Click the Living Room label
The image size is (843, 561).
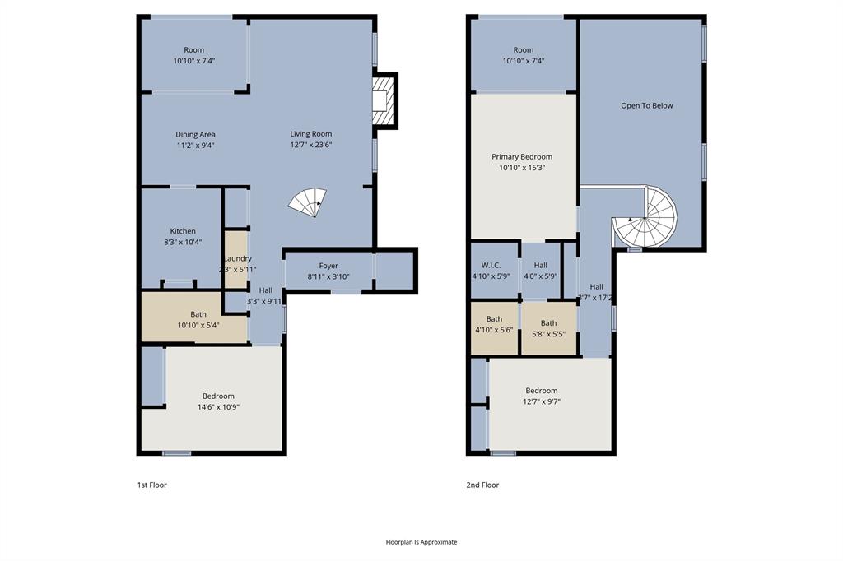310,139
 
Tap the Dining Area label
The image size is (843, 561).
195,140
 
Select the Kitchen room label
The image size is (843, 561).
183,236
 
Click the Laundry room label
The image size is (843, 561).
237,263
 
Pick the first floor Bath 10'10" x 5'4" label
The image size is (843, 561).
198,319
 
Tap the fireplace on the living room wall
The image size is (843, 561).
383,100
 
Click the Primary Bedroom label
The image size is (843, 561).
522,161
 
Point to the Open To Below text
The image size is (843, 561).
646,105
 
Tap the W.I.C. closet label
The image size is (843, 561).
491,271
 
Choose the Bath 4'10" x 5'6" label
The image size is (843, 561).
494,324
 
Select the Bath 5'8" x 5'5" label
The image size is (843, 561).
548,328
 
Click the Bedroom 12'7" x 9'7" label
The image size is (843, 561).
541,396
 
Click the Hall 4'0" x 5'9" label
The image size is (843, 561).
540,271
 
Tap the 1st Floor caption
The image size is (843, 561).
151,485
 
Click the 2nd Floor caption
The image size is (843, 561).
482,485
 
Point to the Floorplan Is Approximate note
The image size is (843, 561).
421,542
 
